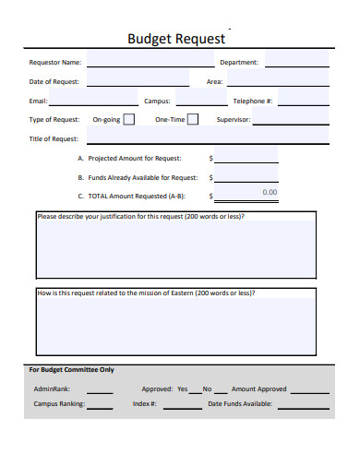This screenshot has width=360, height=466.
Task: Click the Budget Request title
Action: (x=175, y=40)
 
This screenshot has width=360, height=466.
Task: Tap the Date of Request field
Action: (x=138, y=81)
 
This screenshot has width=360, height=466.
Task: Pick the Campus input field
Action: (x=196, y=100)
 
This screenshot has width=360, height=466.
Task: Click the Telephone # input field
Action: (x=303, y=100)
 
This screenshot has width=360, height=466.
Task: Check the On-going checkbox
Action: (x=128, y=119)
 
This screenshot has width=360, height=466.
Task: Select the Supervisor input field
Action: (x=290, y=119)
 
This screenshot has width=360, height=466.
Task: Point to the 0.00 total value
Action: (x=270, y=192)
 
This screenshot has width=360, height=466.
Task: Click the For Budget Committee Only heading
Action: (x=72, y=370)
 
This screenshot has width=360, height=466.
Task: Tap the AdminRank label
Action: (x=52, y=388)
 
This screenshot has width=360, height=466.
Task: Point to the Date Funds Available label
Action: (x=240, y=403)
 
